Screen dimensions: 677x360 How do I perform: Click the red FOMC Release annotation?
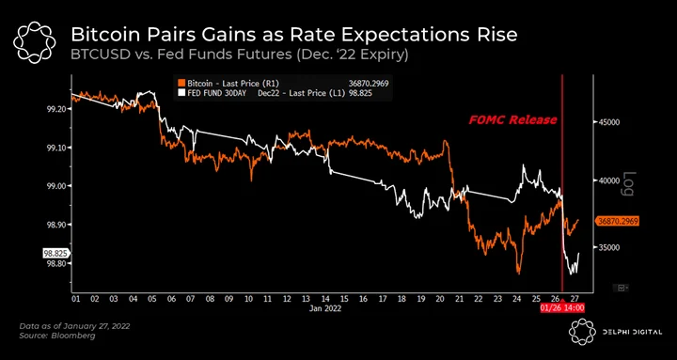click(x=513, y=120)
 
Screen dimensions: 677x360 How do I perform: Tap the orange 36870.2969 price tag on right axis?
click(x=618, y=221)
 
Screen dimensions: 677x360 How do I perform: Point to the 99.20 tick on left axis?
click(x=55, y=110)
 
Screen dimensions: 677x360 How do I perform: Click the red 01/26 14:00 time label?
click(x=562, y=308)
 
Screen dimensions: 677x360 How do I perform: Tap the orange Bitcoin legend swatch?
click(x=181, y=84)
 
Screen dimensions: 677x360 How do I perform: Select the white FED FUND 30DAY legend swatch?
click(x=181, y=93)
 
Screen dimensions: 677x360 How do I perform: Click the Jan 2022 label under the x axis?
click(x=325, y=308)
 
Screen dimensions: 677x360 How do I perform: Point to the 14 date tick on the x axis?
click(x=325, y=299)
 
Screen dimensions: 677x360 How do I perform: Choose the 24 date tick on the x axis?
click(x=517, y=299)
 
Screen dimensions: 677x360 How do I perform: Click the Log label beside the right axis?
click(x=629, y=184)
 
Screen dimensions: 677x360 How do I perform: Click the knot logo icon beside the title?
click(x=34, y=42)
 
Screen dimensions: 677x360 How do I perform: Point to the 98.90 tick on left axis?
click(x=55, y=225)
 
